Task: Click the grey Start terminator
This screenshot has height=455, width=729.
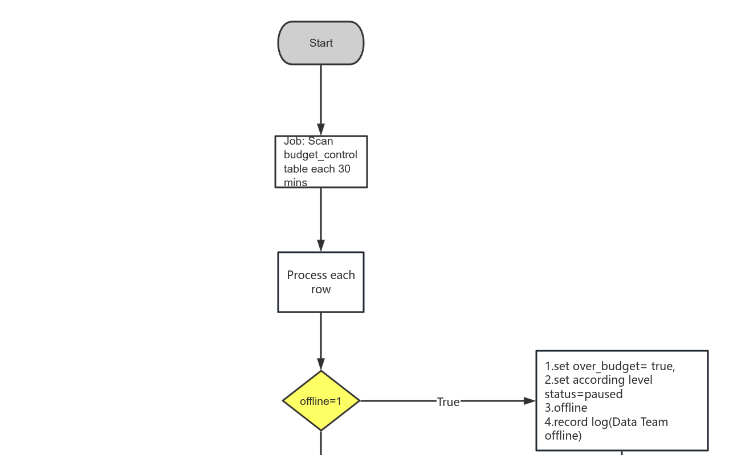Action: click(x=321, y=43)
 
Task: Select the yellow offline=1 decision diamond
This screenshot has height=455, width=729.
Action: click(x=321, y=401)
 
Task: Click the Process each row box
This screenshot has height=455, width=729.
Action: click(x=321, y=282)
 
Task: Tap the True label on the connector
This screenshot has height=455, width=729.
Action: click(x=448, y=402)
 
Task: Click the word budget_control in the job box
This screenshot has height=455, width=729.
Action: click(x=320, y=155)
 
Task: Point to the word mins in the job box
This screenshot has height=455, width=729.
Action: click(x=295, y=183)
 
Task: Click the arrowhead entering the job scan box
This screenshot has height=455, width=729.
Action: click(x=321, y=130)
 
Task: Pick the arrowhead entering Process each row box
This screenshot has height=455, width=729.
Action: click(x=321, y=246)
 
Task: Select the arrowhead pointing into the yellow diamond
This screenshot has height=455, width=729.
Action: click(x=321, y=364)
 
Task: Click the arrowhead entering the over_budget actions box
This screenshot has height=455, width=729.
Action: click(x=530, y=401)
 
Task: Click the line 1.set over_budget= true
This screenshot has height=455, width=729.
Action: click(x=610, y=366)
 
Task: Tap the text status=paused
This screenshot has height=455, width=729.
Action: click(x=584, y=394)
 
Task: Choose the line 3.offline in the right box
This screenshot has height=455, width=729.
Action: click(x=565, y=408)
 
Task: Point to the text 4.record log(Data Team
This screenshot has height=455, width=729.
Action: click(x=606, y=422)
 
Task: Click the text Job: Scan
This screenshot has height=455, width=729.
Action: click(x=308, y=141)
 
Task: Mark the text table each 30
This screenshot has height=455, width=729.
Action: click(x=317, y=169)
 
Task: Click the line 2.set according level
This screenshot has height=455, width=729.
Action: click(x=598, y=380)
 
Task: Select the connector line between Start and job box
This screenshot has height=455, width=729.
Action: click(x=321, y=94)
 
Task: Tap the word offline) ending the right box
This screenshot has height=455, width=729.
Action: click(x=563, y=436)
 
